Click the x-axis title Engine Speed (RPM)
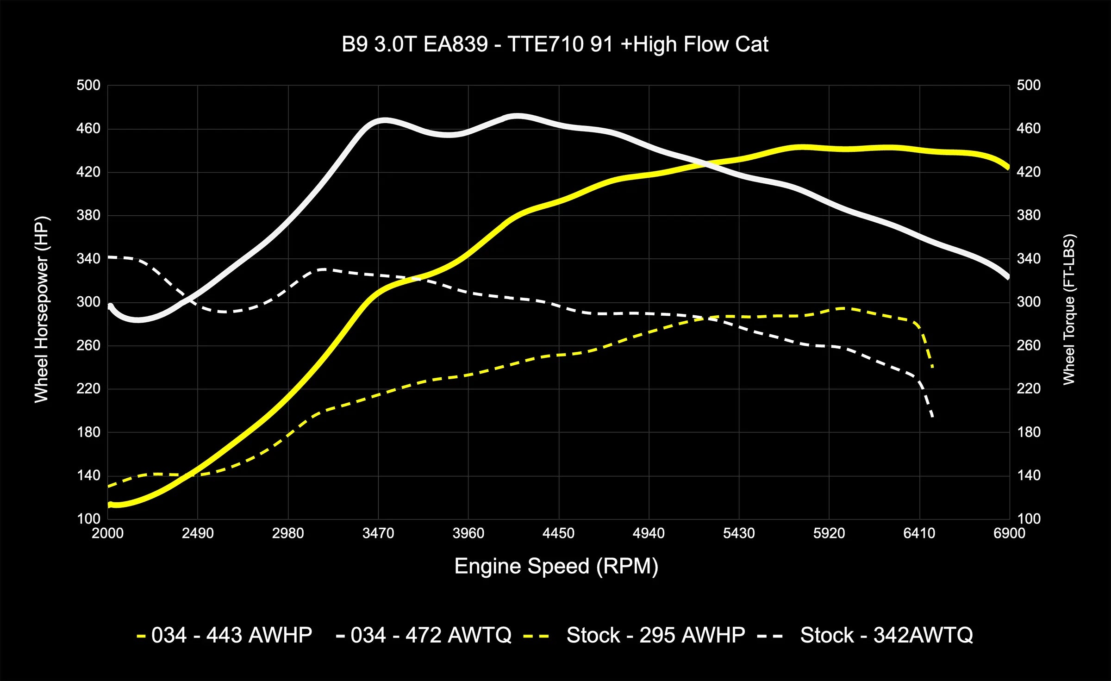(556, 566)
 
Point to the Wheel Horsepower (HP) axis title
(41, 309)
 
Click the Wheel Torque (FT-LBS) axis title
(1069, 309)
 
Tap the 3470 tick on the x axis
(378, 533)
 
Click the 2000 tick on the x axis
(107, 533)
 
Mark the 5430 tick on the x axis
(739, 533)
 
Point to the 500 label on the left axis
(88, 85)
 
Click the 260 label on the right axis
(1029, 345)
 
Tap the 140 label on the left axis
(88, 475)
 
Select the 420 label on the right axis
(1029, 172)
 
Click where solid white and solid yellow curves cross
(706, 163)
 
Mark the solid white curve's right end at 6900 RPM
(1008, 277)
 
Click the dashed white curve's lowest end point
(932, 417)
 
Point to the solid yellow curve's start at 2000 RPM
(110, 505)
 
